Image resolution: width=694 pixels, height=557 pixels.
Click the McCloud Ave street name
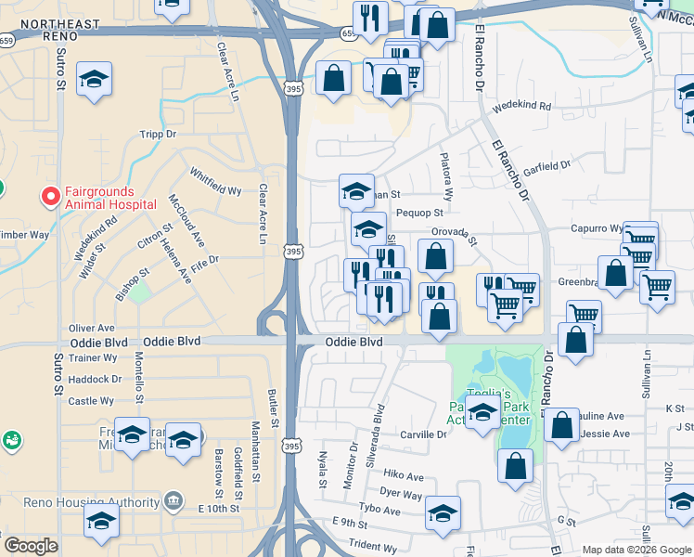coord(186,221)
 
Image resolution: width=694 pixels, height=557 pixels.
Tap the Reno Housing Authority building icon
coord(173,502)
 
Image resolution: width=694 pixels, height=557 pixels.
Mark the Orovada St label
coord(453,236)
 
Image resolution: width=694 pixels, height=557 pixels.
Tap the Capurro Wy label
coord(596,228)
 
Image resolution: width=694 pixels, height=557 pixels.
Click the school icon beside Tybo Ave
coord(443,512)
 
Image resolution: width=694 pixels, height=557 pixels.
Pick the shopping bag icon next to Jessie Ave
coord(562,425)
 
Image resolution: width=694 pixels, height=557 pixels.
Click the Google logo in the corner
coord(31,546)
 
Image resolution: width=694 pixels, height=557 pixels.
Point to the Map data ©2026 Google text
coord(636,550)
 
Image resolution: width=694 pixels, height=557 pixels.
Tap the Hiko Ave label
coord(402,476)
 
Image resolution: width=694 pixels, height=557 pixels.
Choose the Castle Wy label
coord(91,401)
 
